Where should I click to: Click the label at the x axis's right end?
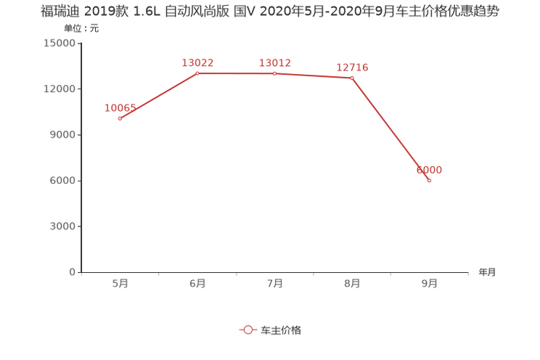click(487, 273)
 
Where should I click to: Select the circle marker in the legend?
click(248, 330)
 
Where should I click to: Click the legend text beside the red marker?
click(280, 330)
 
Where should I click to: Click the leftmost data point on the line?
click(120, 118)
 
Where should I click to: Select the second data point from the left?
click(197, 73)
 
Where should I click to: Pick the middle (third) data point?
click(274, 73)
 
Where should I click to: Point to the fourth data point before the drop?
click(352, 78)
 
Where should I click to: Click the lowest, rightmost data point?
click(430, 180)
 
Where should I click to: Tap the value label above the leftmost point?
click(120, 107)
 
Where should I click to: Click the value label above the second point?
click(197, 62)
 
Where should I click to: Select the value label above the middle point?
click(274, 62)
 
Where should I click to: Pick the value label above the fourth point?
click(352, 67)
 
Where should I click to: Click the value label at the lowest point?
click(430, 169)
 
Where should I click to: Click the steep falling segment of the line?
click(390, 128)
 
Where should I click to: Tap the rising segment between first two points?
click(158, 96)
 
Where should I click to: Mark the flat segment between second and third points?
click(236, 73)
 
